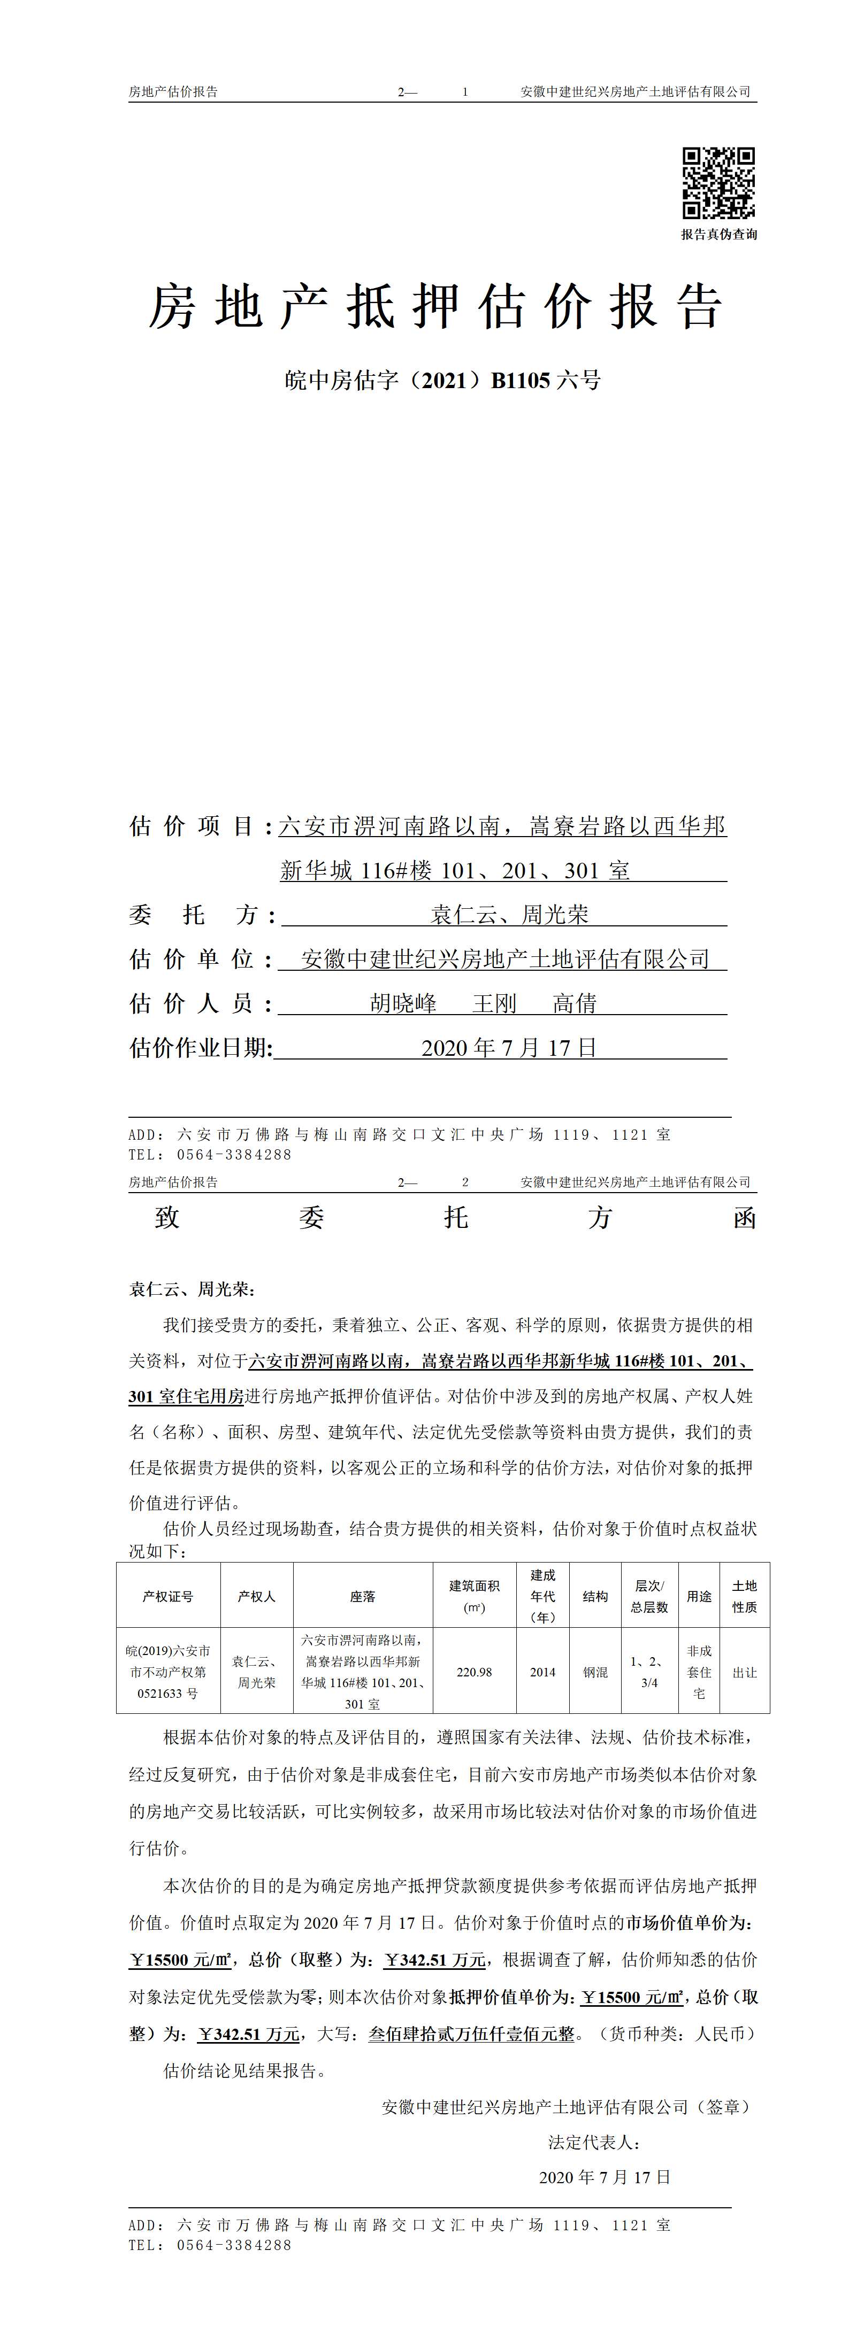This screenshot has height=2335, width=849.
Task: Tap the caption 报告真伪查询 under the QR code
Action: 718,234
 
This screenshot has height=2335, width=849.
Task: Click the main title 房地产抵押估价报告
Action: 435,306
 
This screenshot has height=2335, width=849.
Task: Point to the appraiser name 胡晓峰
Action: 403,1003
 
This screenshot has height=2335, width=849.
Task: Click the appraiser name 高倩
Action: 574,1003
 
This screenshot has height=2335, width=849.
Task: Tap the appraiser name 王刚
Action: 494,1003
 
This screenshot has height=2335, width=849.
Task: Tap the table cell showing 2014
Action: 542,1672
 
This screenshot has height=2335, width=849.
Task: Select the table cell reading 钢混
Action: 595,1672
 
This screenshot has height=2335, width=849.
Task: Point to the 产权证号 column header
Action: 168,1596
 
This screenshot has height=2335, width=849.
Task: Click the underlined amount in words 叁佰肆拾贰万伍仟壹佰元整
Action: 472,2034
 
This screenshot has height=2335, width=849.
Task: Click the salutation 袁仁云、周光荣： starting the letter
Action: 192,1289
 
